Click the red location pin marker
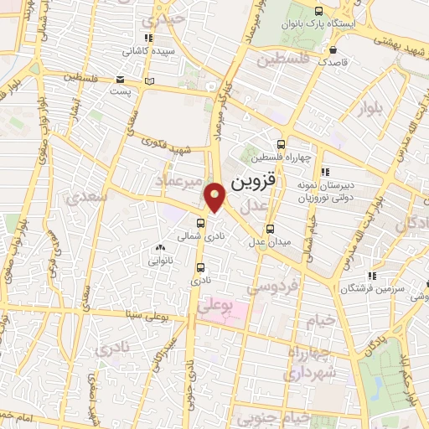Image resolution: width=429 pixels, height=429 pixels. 215,197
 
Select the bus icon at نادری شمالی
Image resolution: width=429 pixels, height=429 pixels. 200,223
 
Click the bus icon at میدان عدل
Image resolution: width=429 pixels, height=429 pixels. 270,228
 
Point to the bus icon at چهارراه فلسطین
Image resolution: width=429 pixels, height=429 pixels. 281,143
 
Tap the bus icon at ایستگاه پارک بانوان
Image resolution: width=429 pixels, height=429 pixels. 318,11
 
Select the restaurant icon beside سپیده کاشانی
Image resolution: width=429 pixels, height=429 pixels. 148,39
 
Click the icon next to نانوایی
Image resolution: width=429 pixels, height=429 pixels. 160,248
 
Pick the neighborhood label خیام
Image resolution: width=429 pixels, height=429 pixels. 325,319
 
